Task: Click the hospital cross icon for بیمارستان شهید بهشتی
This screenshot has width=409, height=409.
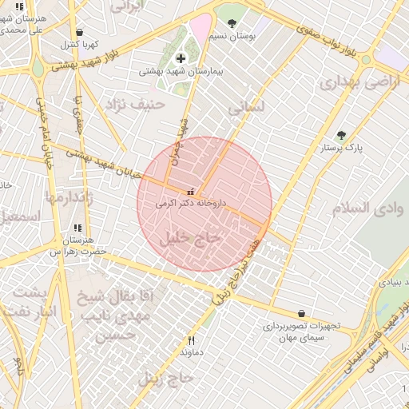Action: (x=181, y=58)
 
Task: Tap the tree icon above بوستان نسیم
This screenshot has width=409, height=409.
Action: (x=232, y=23)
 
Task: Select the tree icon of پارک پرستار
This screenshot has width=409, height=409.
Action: (x=342, y=136)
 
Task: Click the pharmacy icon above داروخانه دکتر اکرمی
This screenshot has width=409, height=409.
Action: (x=190, y=192)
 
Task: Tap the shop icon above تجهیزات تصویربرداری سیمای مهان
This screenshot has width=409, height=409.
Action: (x=300, y=314)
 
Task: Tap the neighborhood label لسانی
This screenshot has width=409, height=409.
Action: (x=245, y=106)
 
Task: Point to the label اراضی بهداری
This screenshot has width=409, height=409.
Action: (x=348, y=82)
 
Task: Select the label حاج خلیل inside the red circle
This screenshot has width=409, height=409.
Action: (x=189, y=238)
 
